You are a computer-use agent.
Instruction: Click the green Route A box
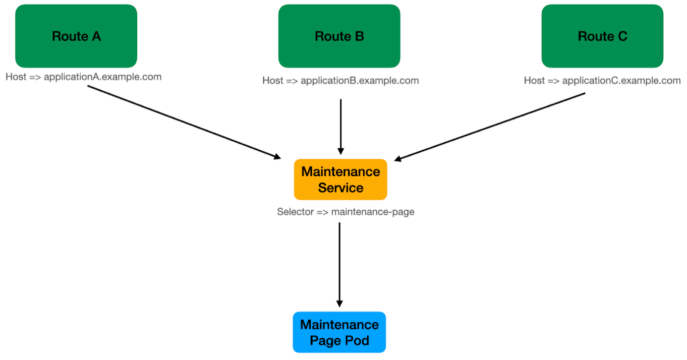76,36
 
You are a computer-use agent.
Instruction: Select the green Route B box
339,36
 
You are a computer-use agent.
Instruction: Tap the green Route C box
602,36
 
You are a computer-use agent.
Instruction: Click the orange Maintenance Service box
340,179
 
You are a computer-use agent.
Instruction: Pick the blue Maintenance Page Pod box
339,332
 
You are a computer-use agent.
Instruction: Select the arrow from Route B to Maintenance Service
340,126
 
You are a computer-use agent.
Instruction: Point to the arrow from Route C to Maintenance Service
489,127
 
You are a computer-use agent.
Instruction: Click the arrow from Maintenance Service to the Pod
339,264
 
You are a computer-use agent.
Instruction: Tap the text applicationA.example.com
102,77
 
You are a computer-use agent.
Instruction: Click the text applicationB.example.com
360,81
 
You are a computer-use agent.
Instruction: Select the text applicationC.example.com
621,81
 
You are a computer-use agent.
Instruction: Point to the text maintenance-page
373,212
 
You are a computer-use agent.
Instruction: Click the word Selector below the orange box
295,212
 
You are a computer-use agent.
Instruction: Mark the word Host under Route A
15,77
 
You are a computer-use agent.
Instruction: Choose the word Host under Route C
534,81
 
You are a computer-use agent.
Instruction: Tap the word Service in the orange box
340,188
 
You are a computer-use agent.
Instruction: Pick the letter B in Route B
359,36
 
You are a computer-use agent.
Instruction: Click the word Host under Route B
272,81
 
